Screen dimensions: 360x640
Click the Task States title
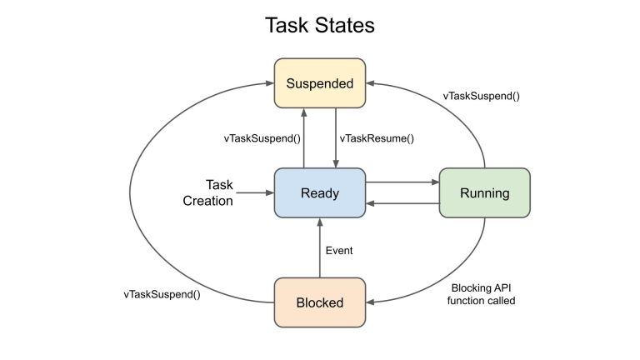click(x=320, y=25)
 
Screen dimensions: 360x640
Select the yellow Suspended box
click(x=320, y=82)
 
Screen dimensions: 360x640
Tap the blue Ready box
click(x=320, y=193)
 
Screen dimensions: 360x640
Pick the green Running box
click(x=484, y=193)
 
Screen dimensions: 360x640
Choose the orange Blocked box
click(x=320, y=302)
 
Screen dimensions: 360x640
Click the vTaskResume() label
click(x=377, y=138)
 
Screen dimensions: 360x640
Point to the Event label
click(x=339, y=250)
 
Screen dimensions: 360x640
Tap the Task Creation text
click(x=220, y=192)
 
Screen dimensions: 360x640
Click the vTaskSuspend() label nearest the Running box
click(x=481, y=95)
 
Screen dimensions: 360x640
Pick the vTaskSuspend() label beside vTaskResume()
click(x=262, y=138)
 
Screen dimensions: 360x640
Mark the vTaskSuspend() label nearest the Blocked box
click(x=162, y=294)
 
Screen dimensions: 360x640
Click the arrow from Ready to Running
click(x=402, y=182)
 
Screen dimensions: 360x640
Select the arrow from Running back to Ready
click(x=402, y=203)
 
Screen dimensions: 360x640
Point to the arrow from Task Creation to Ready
click(x=255, y=193)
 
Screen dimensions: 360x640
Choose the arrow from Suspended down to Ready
click(x=336, y=137)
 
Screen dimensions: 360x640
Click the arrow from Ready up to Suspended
click(x=304, y=137)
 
